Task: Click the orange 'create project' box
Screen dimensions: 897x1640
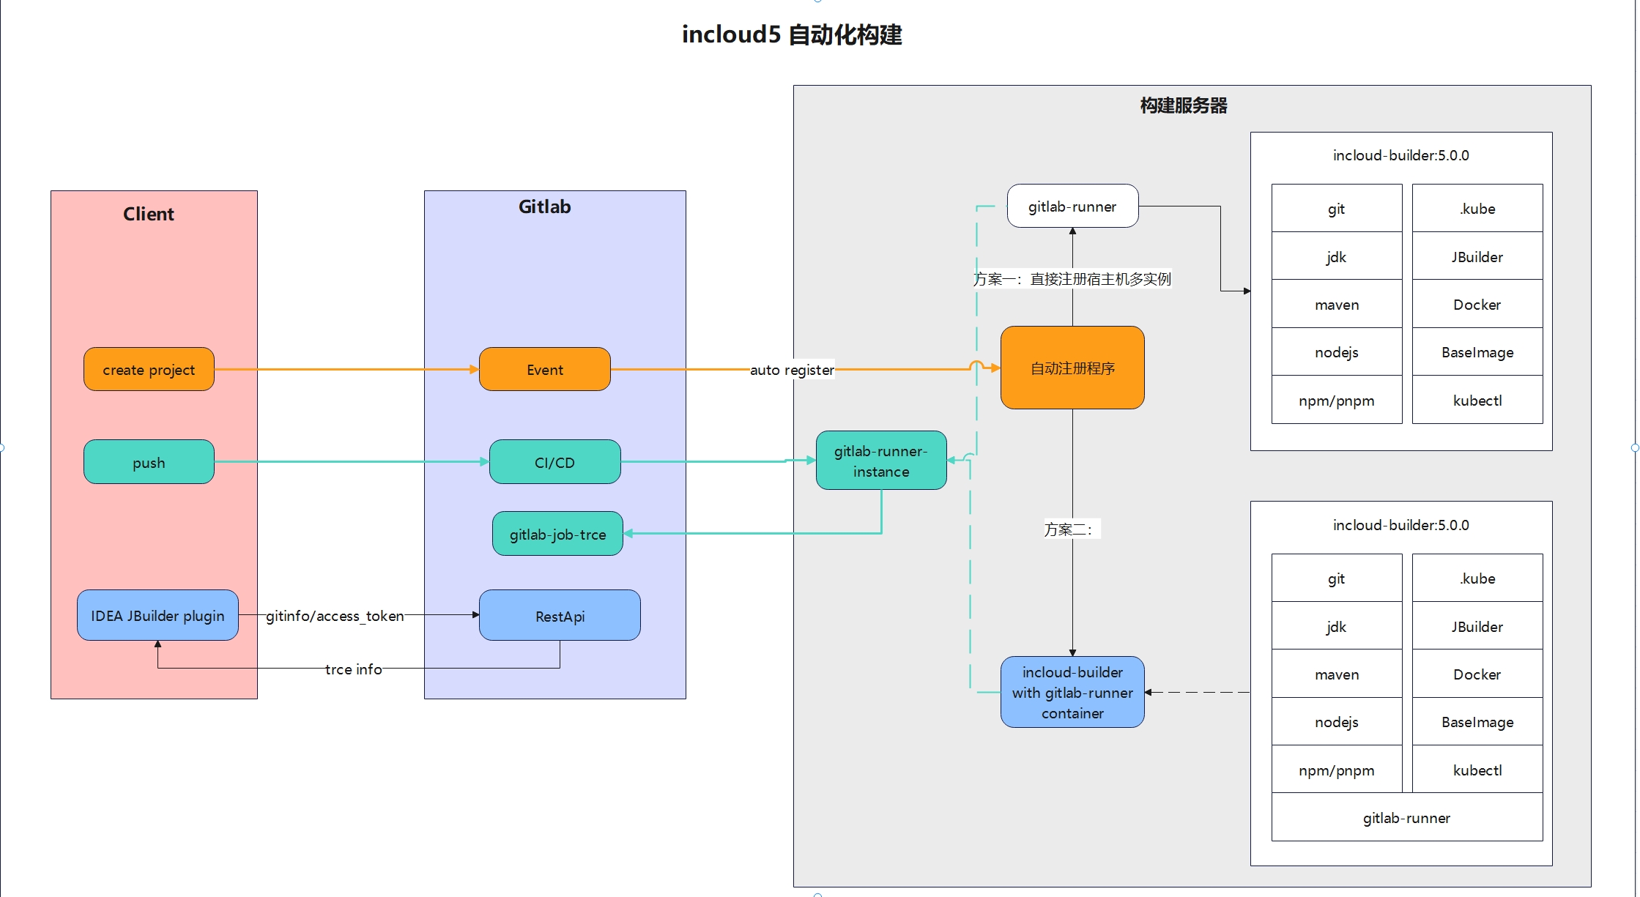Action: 149,369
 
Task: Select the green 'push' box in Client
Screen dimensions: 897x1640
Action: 149,462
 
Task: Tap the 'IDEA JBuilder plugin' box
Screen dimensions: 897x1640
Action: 157,615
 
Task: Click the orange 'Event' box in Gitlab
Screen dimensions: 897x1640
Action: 544,369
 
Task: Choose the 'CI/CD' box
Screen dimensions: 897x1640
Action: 554,462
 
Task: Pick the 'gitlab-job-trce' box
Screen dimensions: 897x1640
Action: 557,534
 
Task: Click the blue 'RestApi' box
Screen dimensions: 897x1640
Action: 560,616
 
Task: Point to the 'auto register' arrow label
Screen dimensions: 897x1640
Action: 792,370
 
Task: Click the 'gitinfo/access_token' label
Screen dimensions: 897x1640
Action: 335,616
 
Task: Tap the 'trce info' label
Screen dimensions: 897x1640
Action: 353,669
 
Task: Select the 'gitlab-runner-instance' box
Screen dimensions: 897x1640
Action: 881,461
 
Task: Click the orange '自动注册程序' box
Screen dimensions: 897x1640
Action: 1072,368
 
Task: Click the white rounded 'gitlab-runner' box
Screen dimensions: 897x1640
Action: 1072,206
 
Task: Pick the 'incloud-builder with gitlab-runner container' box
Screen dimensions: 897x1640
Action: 1072,692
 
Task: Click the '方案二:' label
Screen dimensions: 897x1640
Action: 1069,529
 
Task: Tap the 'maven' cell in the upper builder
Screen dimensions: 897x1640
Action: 1337,305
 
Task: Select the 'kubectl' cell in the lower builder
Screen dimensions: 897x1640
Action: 1477,770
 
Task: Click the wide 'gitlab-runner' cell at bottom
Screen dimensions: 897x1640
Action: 1406,817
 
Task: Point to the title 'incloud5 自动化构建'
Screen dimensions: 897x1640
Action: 792,34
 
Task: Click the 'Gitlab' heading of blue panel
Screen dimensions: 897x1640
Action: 544,206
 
